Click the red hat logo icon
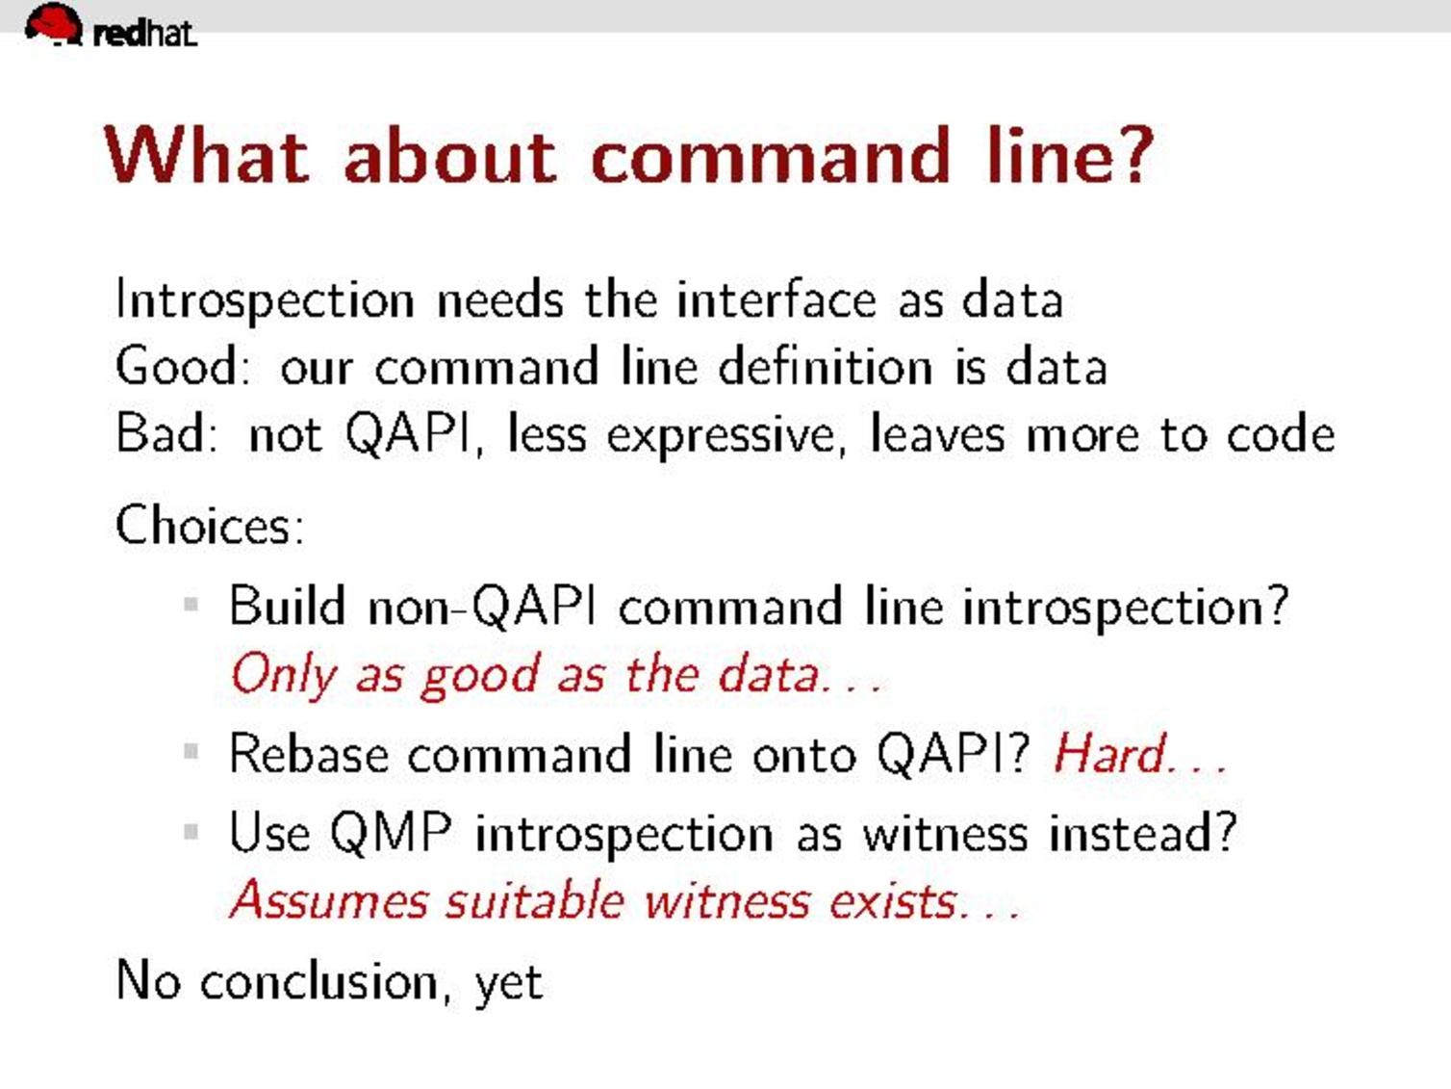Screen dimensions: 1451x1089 [x=54, y=24]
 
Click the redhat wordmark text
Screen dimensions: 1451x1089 [x=145, y=34]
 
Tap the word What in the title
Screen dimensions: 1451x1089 [x=206, y=156]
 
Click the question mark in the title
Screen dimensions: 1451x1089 [x=1137, y=155]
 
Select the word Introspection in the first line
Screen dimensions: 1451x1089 [x=265, y=300]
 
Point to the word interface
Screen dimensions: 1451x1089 [x=776, y=298]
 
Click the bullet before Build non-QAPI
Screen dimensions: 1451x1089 [x=191, y=604]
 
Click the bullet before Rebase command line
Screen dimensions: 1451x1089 [x=191, y=751]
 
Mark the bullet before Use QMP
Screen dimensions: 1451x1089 [x=191, y=830]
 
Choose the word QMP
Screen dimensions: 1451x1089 [x=391, y=833]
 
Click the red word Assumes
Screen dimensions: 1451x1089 [x=329, y=899]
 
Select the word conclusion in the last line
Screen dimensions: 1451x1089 [x=319, y=981]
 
